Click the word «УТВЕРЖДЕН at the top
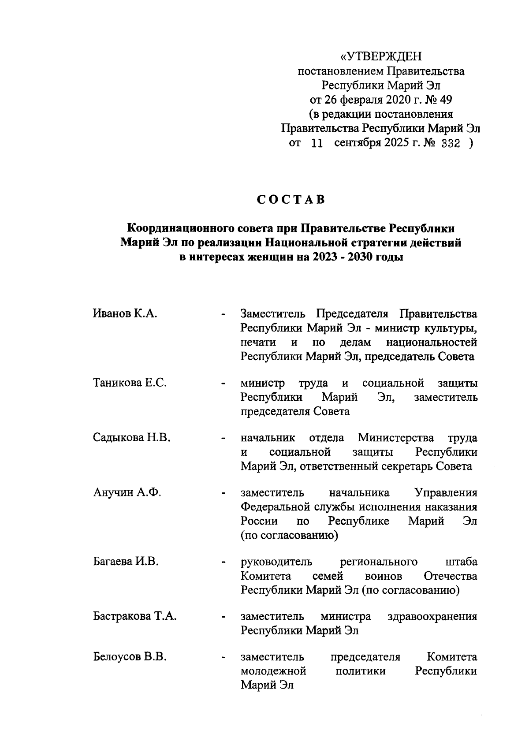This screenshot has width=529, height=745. pos(381,56)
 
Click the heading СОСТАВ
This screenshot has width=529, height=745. pos(291,200)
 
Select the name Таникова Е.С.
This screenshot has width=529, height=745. pos(130,383)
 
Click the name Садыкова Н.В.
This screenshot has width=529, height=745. pos(131,438)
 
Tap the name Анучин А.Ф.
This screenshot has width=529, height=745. pos(127,492)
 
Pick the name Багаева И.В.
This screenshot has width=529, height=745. pos(126,562)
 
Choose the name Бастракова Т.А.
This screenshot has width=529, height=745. pos(135,616)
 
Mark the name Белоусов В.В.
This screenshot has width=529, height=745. pos(130,657)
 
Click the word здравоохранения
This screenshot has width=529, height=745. pos(432,616)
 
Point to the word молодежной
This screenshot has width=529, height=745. pos(273,671)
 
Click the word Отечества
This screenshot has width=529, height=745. pos(450,576)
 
